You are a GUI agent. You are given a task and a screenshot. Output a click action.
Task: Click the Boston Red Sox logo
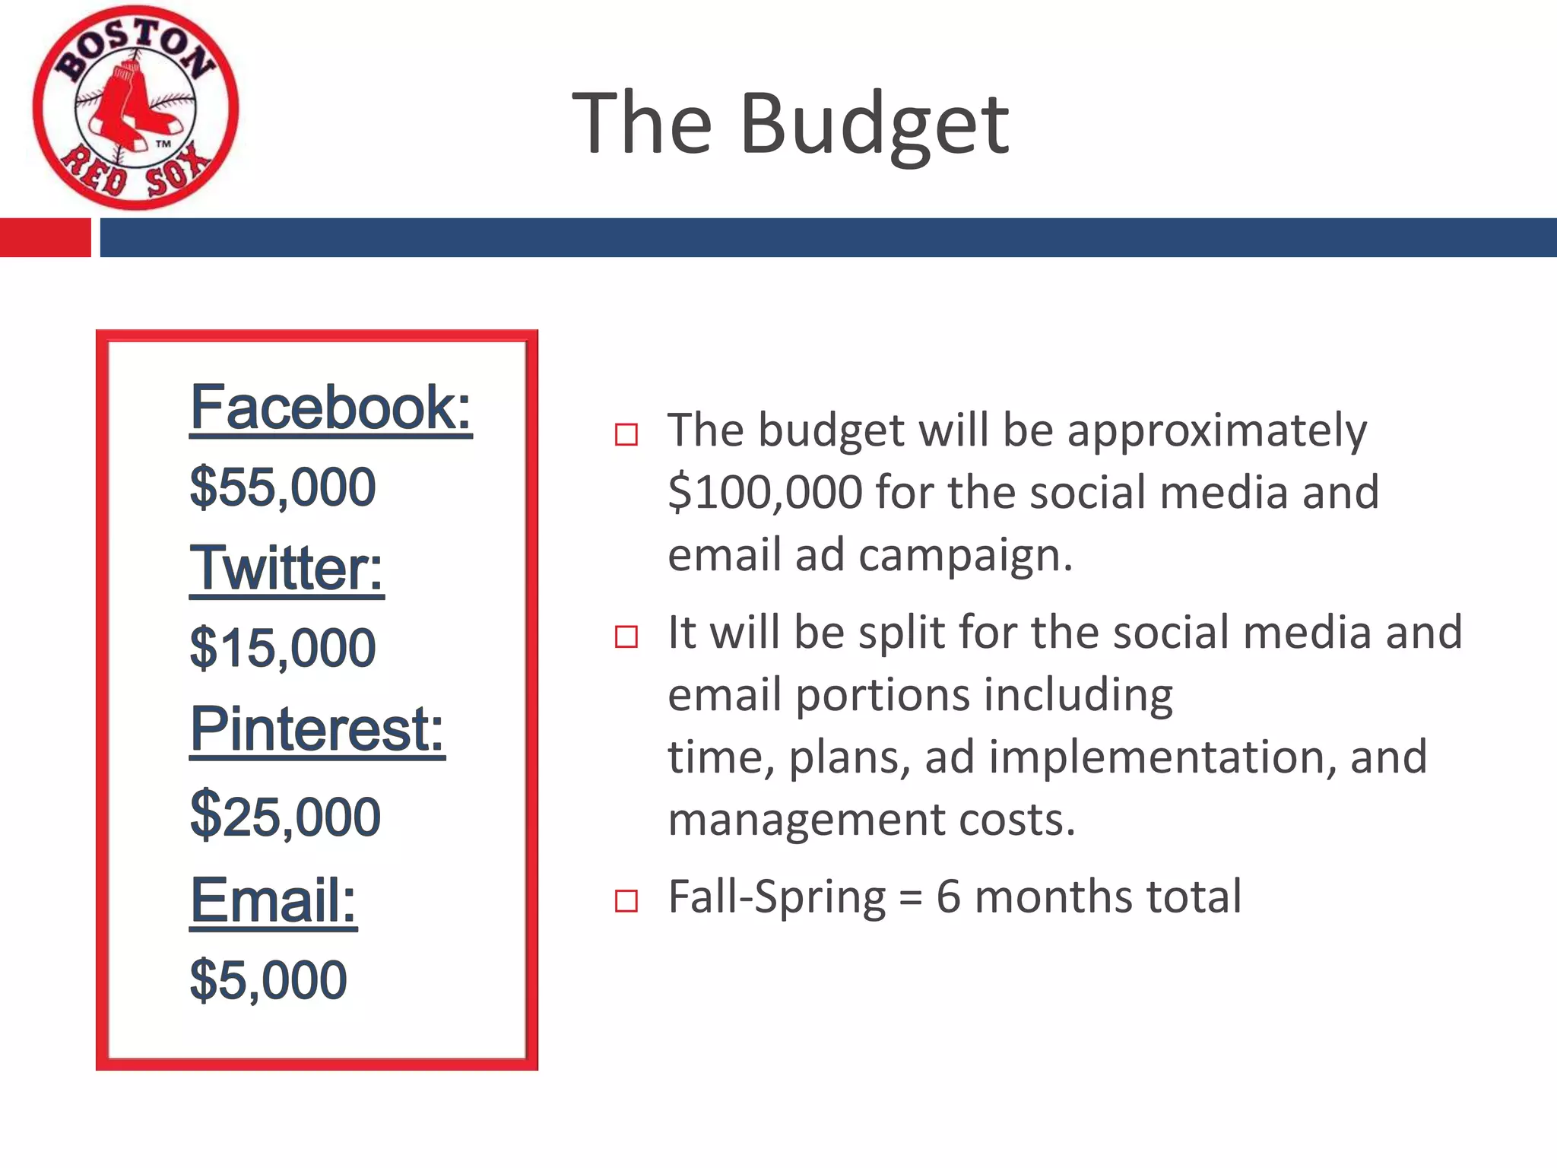pos(135,108)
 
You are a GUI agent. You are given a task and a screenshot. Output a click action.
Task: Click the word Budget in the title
pos(874,124)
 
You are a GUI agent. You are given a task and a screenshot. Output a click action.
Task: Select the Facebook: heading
pos(331,408)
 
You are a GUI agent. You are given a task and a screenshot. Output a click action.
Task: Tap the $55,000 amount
pos(283,487)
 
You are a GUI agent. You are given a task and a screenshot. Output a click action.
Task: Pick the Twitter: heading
pos(287,569)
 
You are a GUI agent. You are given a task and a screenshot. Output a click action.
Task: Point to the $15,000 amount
pos(283,649)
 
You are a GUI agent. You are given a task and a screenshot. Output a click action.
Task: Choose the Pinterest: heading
pos(317,729)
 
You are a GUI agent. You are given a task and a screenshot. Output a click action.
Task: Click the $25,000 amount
pos(285,817)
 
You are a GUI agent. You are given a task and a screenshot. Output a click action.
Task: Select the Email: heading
pos(273,900)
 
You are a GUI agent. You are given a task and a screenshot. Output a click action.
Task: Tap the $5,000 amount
pos(268,980)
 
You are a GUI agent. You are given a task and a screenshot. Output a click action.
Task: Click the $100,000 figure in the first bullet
pos(765,493)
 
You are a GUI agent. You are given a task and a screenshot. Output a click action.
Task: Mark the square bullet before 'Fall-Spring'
pos(626,901)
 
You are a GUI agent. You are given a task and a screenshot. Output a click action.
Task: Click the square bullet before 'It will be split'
pos(626,636)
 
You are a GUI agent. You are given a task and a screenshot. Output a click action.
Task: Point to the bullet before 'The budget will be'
pos(626,435)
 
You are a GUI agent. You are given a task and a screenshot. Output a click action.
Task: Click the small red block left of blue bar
pos(45,237)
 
